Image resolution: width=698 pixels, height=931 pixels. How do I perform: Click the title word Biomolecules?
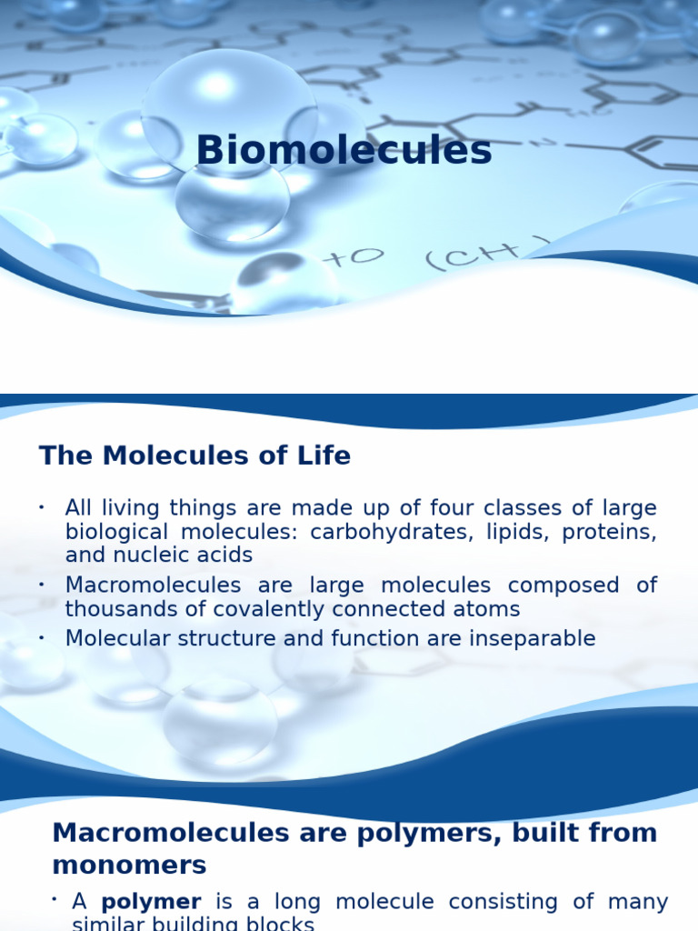click(344, 151)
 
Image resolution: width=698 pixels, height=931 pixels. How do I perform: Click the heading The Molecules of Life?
click(194, 455)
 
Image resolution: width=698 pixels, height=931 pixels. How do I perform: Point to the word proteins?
click(609, 532)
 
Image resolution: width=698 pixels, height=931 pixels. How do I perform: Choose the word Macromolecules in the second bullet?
click(153, 586)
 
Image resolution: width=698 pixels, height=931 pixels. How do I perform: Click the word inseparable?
click(532, 638)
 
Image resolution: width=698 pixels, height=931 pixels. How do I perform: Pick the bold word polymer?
click(151, 902)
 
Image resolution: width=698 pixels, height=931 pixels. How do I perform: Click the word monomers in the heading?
click(129, 864)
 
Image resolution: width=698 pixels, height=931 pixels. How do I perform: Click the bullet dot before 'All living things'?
click(42, 506)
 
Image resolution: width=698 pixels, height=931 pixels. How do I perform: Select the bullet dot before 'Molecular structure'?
click(42, 637)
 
